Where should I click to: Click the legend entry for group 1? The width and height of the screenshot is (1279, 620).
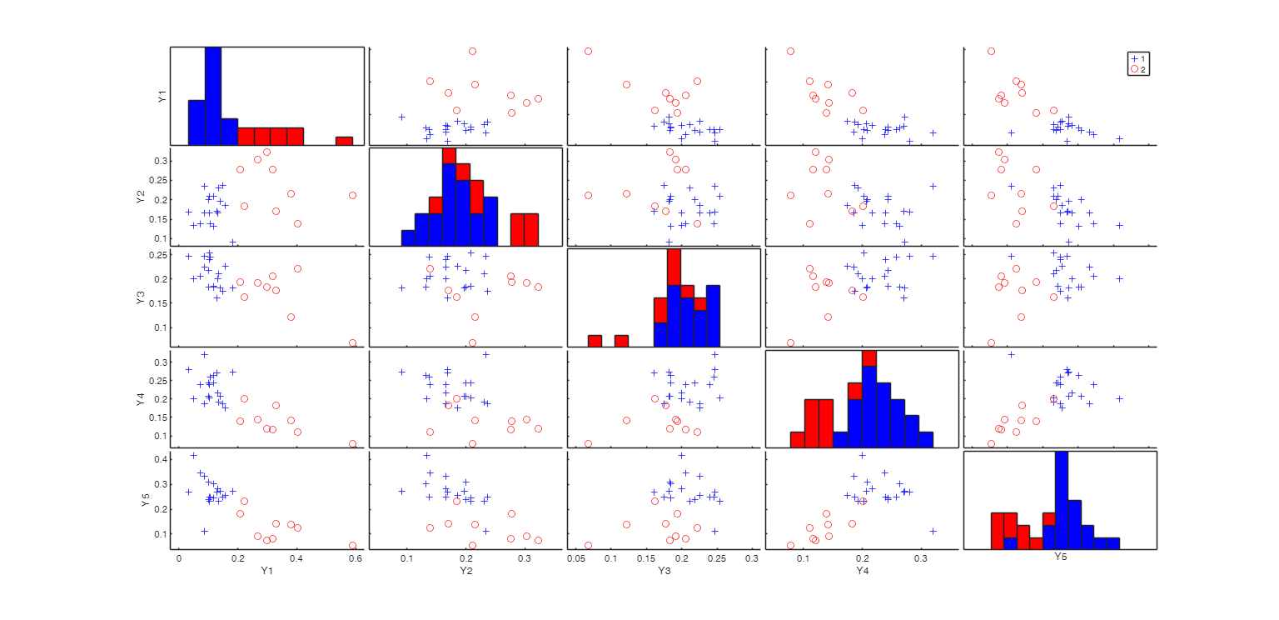[x=1138, y=58]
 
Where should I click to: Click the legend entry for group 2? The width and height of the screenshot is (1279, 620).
[x=1138, y=69]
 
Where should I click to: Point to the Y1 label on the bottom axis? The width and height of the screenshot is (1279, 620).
[x=267, y=571]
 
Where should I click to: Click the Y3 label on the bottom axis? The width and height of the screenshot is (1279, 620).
[x=664, y=571]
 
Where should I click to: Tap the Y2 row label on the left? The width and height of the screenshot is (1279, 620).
[x=142, y=197]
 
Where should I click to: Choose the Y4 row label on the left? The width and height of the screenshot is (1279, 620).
[x=142, y=398]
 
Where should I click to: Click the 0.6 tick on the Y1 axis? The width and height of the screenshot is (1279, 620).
[x=356, y=558]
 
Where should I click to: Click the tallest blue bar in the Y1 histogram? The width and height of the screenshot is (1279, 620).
[x=213, y=95]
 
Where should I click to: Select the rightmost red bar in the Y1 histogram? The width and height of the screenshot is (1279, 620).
[x=344, y=140]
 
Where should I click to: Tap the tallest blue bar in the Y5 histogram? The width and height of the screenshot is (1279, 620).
[x=1062, y=500]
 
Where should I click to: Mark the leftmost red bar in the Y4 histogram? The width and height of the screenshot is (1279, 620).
[x=797, y=439]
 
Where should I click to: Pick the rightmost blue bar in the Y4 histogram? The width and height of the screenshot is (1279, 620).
[x=926, y=439]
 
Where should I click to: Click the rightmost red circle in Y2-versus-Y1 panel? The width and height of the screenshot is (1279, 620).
[x=353, y=195]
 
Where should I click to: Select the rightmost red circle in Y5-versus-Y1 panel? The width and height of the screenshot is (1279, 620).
[x=353, y=546]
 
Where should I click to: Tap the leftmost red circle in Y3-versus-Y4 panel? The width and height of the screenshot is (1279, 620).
[x=790, y=342]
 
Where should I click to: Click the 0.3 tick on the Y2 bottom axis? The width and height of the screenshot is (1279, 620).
[x=525, y=558]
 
